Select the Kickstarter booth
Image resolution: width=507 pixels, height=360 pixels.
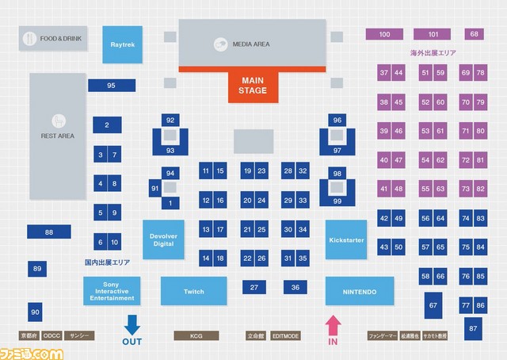(346, 239)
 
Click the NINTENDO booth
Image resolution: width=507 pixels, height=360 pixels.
(360, 292)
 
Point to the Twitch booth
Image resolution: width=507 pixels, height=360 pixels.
(193, 292)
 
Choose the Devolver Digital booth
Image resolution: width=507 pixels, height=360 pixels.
(162, 239)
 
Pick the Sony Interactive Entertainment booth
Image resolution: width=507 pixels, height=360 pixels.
(112, 292)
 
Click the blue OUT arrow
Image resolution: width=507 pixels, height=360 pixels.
(132, 324)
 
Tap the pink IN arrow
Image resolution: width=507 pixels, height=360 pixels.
(333, 324)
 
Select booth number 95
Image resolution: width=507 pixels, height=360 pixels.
(111, 85)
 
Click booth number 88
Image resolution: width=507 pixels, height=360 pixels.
(49, 232)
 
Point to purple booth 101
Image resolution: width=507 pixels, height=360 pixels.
(433, 34)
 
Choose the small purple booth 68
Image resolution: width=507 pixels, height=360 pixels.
(475, 34)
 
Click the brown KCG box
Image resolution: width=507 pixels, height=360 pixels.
(196, 336)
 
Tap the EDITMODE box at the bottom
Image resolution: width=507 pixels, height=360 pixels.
(286, 336)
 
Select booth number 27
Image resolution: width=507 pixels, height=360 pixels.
(253, 287)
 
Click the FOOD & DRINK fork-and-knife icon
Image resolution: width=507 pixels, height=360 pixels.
(29, 37)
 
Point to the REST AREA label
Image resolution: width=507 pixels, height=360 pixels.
(58, 136)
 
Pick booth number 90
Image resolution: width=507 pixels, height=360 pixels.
(35, 312)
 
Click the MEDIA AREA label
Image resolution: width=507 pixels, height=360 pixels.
(253, 44)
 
